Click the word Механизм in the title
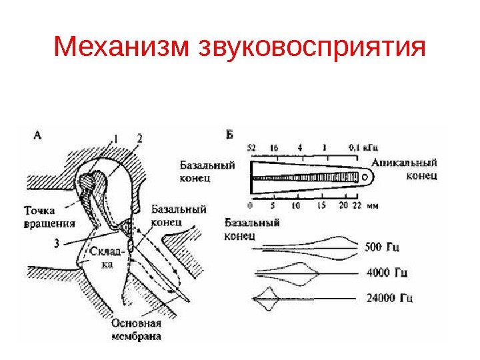[123, 47]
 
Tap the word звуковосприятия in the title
[312, 49]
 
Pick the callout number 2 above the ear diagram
[139, 138]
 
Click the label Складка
[107, 257]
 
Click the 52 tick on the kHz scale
[251, 148]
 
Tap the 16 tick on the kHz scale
[273, 148]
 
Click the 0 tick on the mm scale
[249, 205]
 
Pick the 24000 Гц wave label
[389, 297]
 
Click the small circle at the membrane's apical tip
[365, 177]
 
